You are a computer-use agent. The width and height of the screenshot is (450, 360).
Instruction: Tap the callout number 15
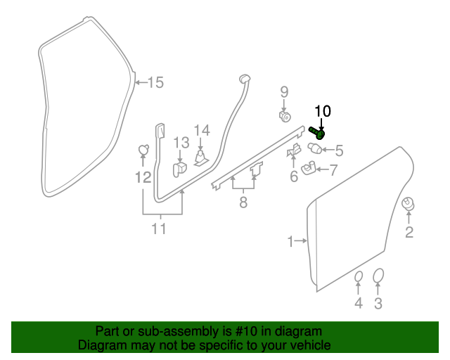[x=155, y=83]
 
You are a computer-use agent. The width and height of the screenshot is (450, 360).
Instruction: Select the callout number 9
[x=285, y=91]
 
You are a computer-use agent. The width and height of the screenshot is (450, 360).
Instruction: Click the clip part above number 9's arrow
[x=285, y=116]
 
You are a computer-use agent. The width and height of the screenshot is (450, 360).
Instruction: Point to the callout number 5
[x=339, y=150]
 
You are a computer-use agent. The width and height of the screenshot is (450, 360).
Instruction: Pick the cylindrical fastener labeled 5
[x=316, y=148]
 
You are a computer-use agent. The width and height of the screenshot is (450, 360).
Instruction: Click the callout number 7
[x=333, y=169]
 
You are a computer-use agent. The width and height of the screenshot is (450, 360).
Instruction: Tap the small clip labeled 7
[x=308, y=168]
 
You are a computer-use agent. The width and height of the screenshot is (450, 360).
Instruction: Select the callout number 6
[x=294, y=176]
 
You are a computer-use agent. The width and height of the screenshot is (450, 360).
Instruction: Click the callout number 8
[x=243, y=202]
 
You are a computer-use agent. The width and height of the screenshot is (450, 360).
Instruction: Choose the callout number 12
[x=143, y=178]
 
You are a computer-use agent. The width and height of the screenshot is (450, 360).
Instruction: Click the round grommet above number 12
[x=143, y=149]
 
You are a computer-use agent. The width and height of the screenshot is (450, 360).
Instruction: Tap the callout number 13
[x=181, y=143]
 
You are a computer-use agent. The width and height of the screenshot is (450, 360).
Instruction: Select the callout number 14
[x=202, y=129]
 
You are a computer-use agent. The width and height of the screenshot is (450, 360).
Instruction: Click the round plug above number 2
[x=407, y=204]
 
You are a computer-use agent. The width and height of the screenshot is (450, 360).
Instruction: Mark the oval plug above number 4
[x=358, y=276]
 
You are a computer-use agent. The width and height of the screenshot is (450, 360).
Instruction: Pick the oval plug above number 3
[x=378, y=275]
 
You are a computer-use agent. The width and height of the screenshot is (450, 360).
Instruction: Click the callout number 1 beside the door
[x=290, y=242]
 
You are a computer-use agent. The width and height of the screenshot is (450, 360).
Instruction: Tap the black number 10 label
[x=322, y=110]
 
